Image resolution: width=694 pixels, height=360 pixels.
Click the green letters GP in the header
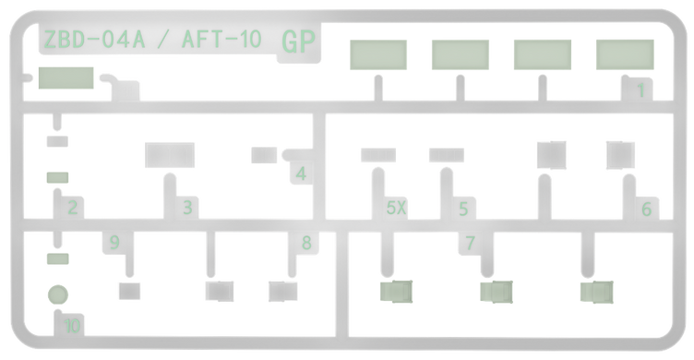298,42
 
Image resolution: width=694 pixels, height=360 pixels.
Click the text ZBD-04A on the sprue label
94,39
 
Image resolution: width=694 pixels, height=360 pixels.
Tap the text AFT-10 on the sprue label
221,39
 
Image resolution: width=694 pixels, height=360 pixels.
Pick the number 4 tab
301,174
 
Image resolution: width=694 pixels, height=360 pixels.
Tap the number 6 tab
646,209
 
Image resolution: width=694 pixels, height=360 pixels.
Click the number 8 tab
306,243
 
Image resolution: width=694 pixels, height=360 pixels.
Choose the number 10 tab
72,326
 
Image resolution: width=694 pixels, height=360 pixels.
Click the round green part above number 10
58,294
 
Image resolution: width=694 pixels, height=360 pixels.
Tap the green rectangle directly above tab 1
625,54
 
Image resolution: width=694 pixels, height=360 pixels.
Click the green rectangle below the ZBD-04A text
66,78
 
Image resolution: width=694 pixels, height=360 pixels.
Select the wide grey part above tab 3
170,155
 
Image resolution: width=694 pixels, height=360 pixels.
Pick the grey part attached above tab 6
620,155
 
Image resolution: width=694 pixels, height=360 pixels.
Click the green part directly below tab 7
497,292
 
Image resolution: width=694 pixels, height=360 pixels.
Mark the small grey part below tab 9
130,291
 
